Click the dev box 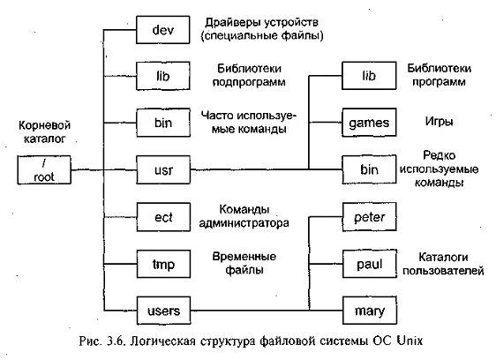pos(164,30)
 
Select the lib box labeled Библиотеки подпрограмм pos(164,73)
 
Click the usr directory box pos(164,167)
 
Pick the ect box pos(164,215)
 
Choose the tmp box pos(164,262)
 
